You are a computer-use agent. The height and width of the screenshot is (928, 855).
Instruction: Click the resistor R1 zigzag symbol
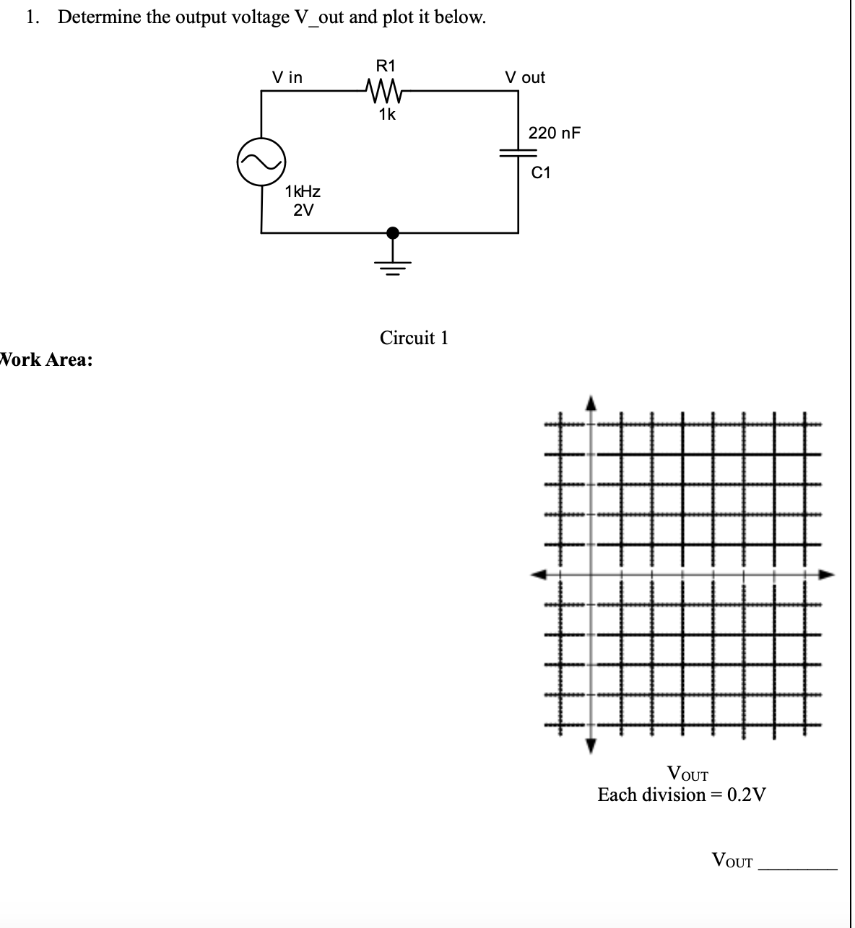point(386,91)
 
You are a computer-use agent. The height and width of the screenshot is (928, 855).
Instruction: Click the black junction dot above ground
point(393,232)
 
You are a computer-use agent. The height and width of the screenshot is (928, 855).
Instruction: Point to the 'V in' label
point(287,77)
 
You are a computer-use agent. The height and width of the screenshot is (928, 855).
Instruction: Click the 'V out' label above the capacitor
point(525,77)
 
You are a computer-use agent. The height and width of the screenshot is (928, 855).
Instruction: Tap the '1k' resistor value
point(386,114)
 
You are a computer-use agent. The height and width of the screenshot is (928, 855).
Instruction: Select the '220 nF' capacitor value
point(554,133)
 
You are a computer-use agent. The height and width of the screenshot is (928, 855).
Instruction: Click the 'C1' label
point(541,172)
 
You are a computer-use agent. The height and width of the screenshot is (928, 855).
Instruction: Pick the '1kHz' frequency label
point(303,192)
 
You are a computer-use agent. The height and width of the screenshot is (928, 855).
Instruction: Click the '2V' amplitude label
point(303,211)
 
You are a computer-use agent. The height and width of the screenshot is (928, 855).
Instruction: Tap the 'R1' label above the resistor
point(386,66)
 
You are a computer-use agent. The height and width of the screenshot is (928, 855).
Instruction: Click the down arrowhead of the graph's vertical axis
point(591,745)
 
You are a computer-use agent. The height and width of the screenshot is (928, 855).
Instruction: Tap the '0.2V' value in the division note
point(747,795)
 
